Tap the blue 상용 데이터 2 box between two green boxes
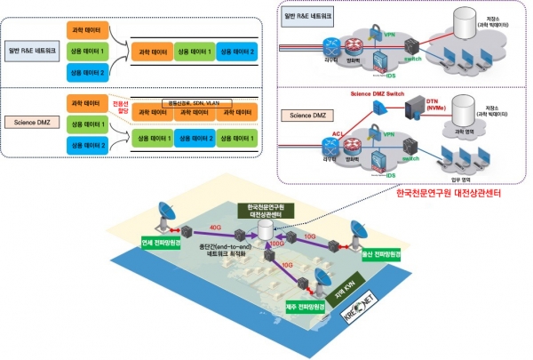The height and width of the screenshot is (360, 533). click(x=195, y=140)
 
